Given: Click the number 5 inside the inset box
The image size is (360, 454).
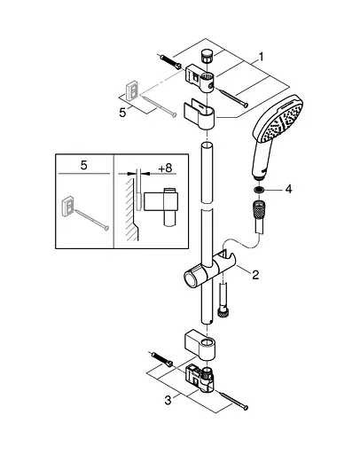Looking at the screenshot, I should pos(82,164).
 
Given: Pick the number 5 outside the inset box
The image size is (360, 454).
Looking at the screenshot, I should pos(124,113).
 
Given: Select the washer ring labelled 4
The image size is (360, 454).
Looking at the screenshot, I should pos(258,190).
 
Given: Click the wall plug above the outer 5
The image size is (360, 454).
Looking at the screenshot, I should pos(129,90).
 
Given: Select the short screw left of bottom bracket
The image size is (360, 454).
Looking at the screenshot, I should pos(161,364).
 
